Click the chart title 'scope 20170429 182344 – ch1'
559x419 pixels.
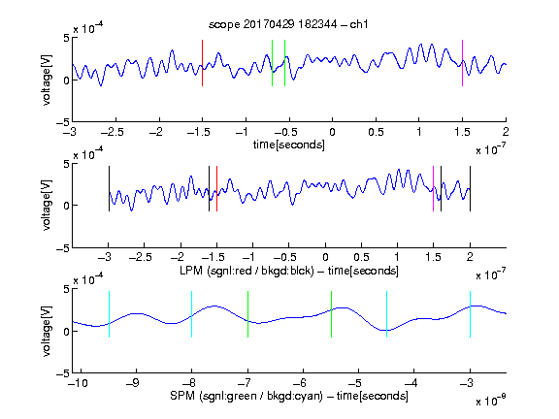click(x=288, y=24)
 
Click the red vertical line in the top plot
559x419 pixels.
click(x=202, y=63)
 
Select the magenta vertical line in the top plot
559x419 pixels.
click(x=462, y=63)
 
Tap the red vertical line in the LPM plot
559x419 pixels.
click(x=216, y=188)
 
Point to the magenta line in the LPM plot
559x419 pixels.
click(x=433, y=188)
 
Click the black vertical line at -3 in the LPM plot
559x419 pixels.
click(x=109, y=188)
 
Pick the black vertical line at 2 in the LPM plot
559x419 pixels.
click(x=470, y=188)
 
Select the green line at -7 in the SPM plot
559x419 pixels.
click(x=247, y=314)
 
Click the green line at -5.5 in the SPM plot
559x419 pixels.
click(x=331, y=314)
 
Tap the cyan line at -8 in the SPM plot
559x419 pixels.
click(x=192, y=314)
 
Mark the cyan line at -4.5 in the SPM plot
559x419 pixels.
click(x=387, y=314)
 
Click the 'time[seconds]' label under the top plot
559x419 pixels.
click(x=289, y=145)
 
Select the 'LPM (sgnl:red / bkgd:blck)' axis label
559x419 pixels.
click(x=247, y=271)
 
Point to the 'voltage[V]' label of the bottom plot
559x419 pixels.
click(x=47, y=331)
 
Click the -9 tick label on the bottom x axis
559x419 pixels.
click(x=134, y=383)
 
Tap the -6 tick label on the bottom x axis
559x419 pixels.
click(x=302, y=383)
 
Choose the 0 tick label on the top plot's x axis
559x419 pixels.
click(x=332, y=132)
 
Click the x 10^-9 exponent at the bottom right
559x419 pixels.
click(x=491, y=401)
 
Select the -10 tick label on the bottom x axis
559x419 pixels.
click(x=78, y=383)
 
